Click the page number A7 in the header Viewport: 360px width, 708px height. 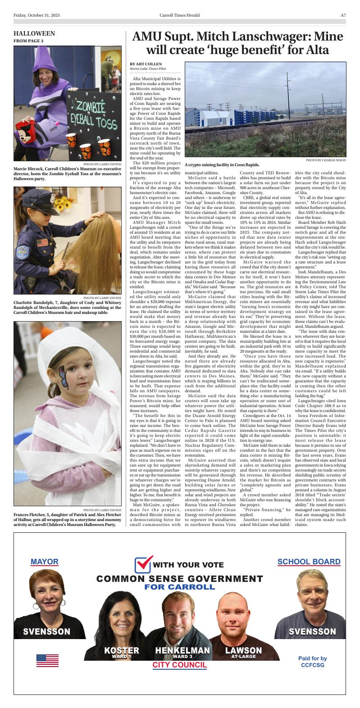coord(343,15)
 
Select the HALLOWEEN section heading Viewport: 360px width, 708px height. coord(34,34)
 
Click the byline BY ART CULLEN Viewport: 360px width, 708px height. coord(146,64)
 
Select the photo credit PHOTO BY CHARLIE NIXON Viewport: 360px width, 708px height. coord(326,160)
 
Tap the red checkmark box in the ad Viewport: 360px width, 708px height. coord(143,564)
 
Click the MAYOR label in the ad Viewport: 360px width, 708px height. coord(45,562)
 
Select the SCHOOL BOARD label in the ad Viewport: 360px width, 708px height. coord(309,562)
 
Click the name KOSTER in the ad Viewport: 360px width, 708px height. coord(122,650)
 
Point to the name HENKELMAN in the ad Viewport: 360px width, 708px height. coord(182,650)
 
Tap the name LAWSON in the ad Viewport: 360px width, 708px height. coord(243,650)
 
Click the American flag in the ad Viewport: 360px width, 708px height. coord(47,660)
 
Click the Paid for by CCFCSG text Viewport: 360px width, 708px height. coord(312,661)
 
